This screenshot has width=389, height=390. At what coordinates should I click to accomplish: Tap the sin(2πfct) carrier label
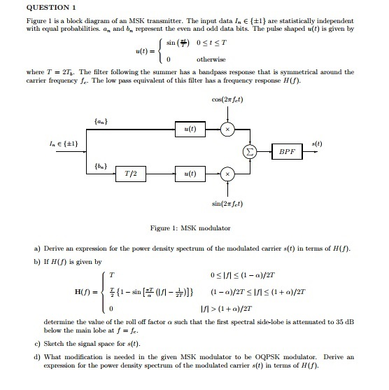(x=229, y=203)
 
